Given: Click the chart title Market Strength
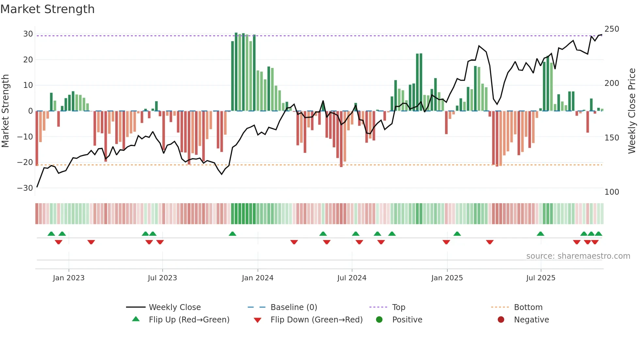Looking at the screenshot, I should tap(47, 9).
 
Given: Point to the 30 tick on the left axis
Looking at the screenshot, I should tap(28, 34).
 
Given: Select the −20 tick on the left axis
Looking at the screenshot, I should tap(25, 162).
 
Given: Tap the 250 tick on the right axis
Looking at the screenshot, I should tap(612, 29).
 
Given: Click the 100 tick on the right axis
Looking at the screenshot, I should tap(612, 192).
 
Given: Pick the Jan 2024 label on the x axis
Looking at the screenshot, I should tap(257, 278).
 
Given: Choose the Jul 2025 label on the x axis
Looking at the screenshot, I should tap(540, 278).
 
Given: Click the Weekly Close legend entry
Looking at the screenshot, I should tap(174, 307).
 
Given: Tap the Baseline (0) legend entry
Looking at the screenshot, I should tap(294, 307).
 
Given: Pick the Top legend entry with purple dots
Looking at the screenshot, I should tap(398, 307).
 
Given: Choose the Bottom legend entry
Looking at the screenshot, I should tap(528, 307).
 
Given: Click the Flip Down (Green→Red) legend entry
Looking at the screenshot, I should tap(316, 320).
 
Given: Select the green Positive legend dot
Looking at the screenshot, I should tap(379, 319).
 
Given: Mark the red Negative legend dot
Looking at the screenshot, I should tap(501, 319).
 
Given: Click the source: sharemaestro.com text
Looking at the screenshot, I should tap(578, 256).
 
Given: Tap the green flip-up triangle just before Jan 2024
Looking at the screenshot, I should tap(232, 234).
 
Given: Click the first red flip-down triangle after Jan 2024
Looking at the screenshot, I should tap(294, 242).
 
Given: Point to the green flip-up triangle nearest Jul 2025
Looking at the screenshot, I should tap(540, 234).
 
